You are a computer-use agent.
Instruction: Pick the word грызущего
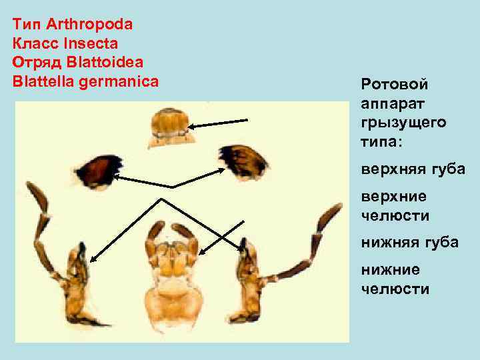coord(403,123)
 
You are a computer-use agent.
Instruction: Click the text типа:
coord(383,142)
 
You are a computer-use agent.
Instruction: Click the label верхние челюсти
coord(395,206)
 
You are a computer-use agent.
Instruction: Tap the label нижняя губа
coord(409,243)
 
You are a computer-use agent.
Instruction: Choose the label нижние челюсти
coord(395,279)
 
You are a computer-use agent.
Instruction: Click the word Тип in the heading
coord(26,25)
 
